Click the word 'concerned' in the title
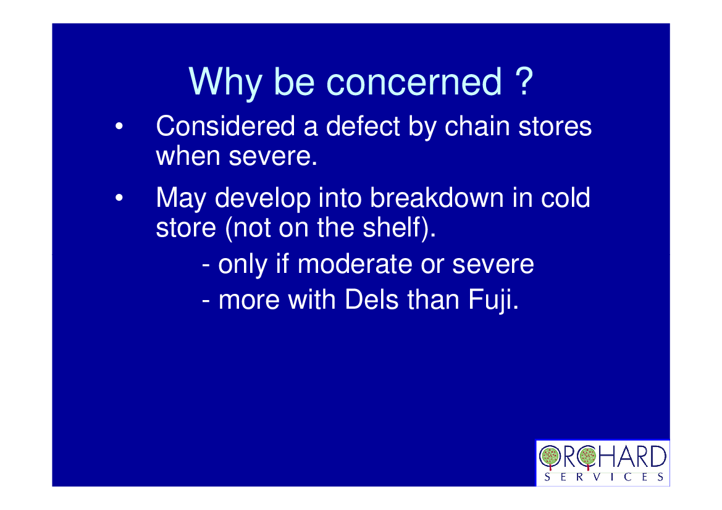(414, 82)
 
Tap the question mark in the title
(524, 81)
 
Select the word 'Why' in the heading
(225, 83)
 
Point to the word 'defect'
(363, 126)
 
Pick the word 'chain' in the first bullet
(477, 126)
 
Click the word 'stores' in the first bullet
(555, 127)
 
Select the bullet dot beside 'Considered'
(119, 126)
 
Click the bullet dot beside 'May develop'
(119, 198)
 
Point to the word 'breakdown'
(437, 198)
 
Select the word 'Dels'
(371, 299)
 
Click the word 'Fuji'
(491, 301)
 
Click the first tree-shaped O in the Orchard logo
(550, 457)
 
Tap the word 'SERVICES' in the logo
(603, 477)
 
